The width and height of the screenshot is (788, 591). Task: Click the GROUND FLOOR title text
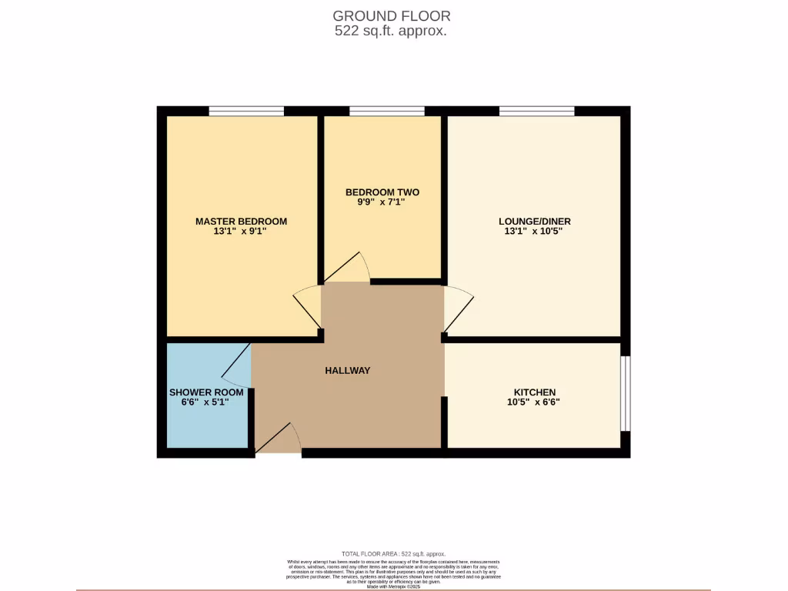click(x=391, y=15)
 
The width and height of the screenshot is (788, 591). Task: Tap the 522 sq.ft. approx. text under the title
click(x=391, y=32)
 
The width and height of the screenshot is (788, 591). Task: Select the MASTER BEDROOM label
click(x=241, y=222)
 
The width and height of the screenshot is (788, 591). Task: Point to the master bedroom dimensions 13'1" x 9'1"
click(x=241, y=232)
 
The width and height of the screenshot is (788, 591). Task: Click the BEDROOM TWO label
click(x=382, y=192)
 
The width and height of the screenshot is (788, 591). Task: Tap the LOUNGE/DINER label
click(x=534, y=222)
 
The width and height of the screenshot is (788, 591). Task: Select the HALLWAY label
click(x=347, y=370)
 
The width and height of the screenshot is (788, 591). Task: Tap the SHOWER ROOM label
click(x=206, y=392)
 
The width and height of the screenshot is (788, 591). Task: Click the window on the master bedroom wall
click(x=246, y=112)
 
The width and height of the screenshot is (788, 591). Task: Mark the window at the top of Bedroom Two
click(x=386, y=112)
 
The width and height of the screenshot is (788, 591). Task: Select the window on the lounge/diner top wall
click(x=536, y=112)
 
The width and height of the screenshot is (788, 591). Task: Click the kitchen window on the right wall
click(x=625, y=393)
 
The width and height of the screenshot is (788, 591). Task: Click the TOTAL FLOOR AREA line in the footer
click(x=393, y=554)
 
